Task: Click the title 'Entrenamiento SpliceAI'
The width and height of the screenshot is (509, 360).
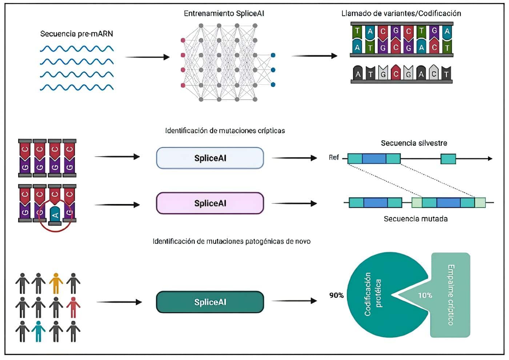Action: [x=224, y=14]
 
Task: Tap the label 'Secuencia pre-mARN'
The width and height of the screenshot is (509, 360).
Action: [x=76, y=34]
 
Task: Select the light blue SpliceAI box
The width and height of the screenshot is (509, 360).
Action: [x=210, y=158]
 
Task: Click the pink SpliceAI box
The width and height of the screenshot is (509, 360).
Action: [x=210, y=203]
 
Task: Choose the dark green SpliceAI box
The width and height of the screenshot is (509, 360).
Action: [x=210, y=302]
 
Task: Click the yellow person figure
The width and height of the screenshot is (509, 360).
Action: [x=56, y=283]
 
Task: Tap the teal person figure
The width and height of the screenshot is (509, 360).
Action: [x=38, y=331]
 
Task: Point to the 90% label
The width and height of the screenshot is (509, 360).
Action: [x=336, y=295]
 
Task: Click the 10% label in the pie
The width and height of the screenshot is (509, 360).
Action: [x=424, y=295]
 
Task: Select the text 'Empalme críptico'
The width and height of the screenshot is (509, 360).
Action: [x=451, y=295]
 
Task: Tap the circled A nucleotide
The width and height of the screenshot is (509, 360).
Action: [x=55, y=215]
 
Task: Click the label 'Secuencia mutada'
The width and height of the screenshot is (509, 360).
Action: [x=416, y=219]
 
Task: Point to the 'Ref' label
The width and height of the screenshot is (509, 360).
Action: [x=333, y=157]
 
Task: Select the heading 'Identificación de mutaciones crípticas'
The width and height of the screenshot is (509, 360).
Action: [x=225, y=131]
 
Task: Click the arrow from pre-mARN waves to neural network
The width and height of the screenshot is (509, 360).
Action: [x=147, y=57]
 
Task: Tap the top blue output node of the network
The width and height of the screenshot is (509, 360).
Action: [x=273, y=55]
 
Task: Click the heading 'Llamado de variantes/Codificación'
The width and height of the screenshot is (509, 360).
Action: [x=401, y=14]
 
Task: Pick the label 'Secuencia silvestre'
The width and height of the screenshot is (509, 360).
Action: [x=414, y=143]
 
